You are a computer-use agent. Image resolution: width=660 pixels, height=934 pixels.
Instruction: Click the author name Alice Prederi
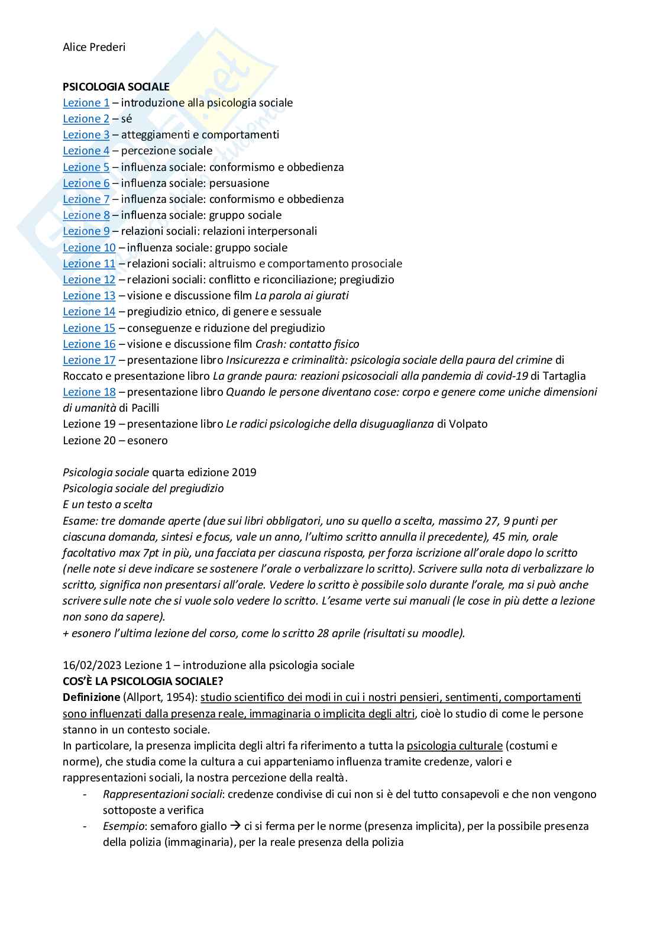[93, 47]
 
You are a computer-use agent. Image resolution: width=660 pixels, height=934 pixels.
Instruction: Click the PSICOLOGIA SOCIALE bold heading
[116, 86]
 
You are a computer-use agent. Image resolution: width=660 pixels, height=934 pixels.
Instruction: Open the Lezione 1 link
[86, 103]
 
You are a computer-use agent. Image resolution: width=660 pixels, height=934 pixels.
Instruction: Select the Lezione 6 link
[86, 183]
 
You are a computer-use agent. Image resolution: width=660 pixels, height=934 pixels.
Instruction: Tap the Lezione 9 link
[86, 231]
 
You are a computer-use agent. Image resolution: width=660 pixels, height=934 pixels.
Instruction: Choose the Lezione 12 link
[89, 280]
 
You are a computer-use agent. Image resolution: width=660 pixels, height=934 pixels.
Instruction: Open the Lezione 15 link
[89, 328]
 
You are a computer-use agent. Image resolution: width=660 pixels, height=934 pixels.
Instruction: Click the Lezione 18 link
[89, 392]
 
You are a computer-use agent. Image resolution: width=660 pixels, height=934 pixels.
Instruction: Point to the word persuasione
[239, 183]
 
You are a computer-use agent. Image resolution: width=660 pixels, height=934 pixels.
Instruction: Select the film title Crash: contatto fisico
[307, 344]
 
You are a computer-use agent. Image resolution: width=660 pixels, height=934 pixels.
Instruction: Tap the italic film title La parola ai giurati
[302, 296]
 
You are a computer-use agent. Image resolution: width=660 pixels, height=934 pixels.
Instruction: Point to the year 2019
[244, 473]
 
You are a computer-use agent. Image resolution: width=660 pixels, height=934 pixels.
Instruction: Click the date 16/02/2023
[92, 665]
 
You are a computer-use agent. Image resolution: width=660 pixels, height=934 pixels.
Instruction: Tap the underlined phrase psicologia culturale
[454, 746]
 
